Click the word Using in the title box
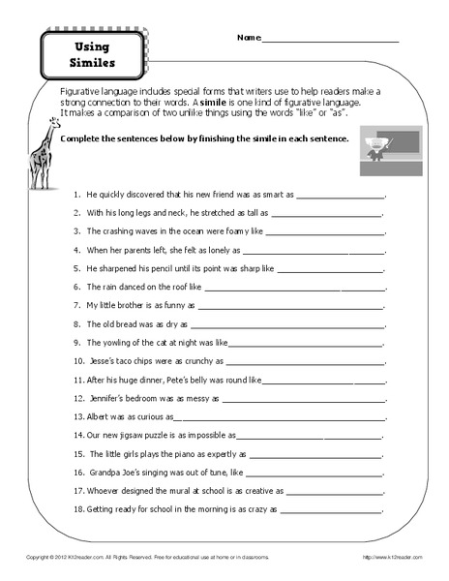(x=93, y=46)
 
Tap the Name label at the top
(x=248, y=39)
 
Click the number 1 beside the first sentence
(x=75, y=194)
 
